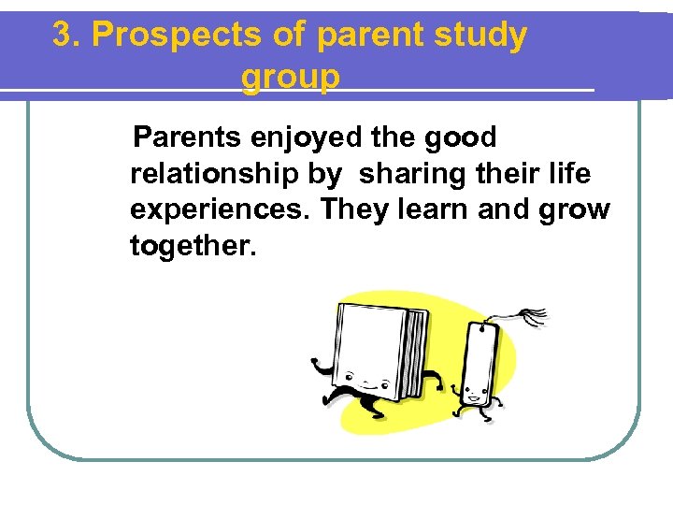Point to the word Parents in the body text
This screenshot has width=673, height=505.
tap(187, 138)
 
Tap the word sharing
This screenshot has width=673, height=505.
tap(409, 174)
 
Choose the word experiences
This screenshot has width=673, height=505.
tap(221, 209)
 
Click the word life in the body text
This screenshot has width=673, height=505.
tap(569, 174)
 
